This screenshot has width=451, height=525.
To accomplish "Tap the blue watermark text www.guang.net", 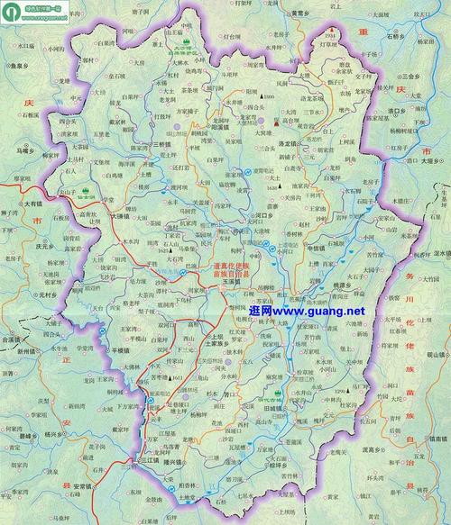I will click(307, 311).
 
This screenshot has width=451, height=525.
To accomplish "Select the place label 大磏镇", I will click(123, 216).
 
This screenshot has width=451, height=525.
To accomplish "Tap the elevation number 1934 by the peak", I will click(329, 34).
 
